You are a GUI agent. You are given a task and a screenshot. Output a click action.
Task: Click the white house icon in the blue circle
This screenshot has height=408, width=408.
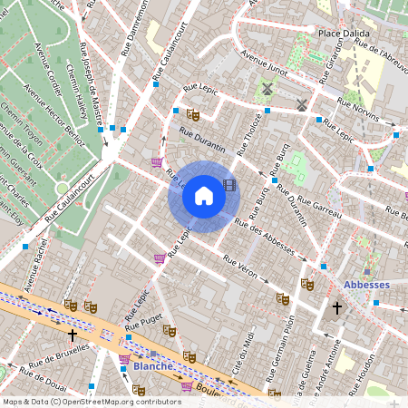pos(204,196)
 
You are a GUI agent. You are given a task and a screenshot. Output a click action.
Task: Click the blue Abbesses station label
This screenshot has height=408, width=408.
pos(366,284)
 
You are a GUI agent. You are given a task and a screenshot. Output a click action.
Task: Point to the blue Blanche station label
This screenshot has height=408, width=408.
pos(151,367)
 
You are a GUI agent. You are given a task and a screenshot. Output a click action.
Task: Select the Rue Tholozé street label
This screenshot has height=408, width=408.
pos(249,133)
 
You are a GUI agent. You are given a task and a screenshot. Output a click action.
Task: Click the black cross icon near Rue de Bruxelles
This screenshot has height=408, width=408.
pos(73,335)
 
